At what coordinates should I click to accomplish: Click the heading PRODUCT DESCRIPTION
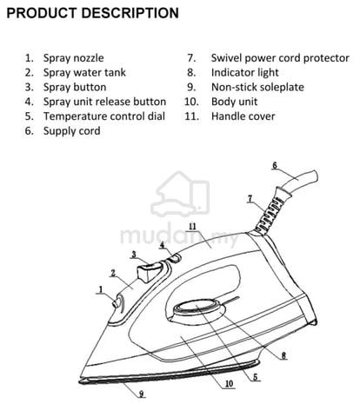coord(92,13)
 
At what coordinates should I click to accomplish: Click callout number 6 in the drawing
coord(275,166)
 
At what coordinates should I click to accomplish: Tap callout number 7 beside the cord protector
coord(250,199)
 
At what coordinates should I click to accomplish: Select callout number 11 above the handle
coord(193,227)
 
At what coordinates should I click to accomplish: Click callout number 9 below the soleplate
coord(142,394)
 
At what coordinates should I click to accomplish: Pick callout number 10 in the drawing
coord(229,384)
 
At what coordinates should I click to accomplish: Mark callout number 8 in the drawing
coord(283,355)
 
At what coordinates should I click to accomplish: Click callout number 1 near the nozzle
coord(101,289)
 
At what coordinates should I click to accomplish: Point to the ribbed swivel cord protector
coord(271,211)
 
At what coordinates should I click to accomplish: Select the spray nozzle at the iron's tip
coord(116,303)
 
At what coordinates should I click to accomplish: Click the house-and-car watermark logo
coord(180,195)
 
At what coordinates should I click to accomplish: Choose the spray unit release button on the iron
coord(175,257)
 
